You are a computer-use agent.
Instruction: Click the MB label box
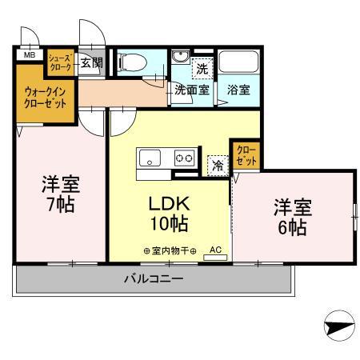coord(28,55)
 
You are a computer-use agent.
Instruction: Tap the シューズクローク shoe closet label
coord(61,62)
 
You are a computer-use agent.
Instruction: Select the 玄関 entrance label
coord(90,62)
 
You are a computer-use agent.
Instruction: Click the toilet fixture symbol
coord(134,62)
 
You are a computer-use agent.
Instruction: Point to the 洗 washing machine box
coord(202,69)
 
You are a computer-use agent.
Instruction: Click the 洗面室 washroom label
coord(192,90)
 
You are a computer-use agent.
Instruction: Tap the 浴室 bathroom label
coord(237,90)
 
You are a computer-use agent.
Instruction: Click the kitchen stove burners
coord(185,158)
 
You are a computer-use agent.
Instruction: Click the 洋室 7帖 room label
coord(59,194)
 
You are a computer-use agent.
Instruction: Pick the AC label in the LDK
coord(215,250)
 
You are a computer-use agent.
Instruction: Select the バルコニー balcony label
coord(154,279)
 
